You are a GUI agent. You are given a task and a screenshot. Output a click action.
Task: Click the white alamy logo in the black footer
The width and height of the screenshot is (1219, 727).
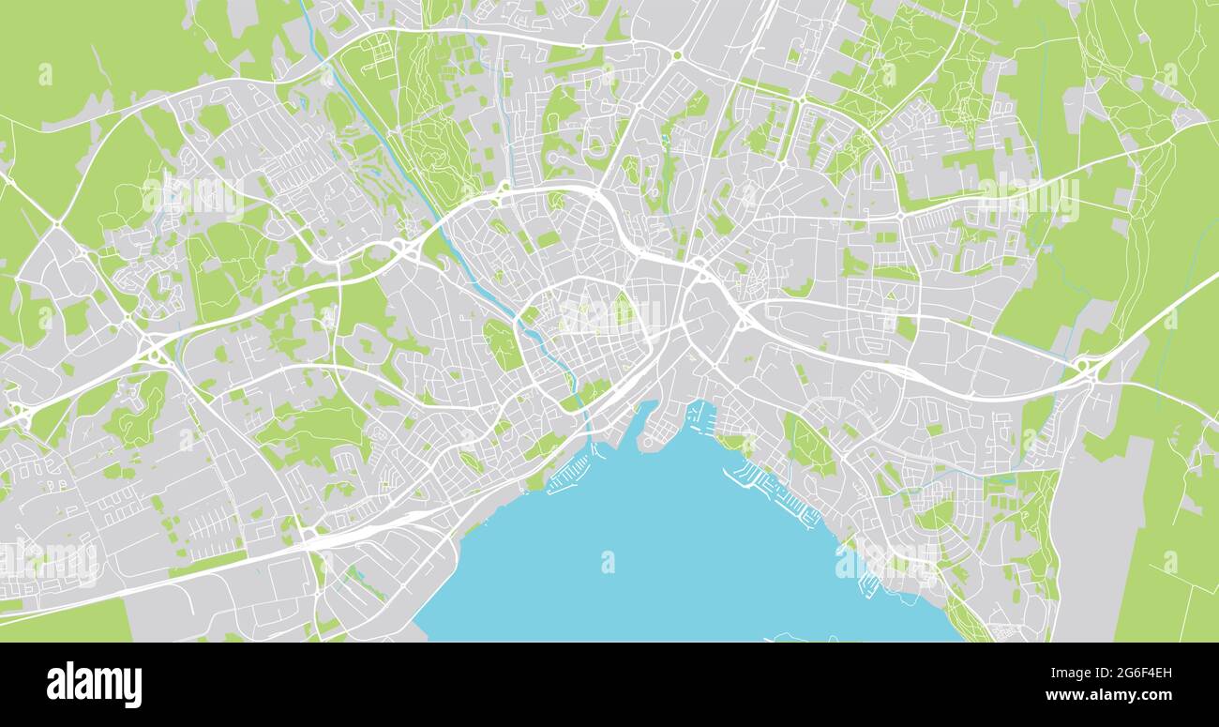(x=94, y=685)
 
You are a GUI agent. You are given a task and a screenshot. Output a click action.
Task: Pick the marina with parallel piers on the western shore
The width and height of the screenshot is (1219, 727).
(x=569, y=475)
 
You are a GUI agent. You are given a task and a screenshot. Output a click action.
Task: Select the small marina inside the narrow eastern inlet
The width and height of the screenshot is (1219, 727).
(x=701, y=414)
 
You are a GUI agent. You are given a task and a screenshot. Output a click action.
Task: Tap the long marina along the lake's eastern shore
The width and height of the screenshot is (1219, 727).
(x=774, y=492)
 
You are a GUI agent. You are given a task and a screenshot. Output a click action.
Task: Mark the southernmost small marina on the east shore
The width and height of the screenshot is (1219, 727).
(x=868, y=583)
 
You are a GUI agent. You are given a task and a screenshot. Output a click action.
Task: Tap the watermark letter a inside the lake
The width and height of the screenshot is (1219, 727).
(x=608, y=561)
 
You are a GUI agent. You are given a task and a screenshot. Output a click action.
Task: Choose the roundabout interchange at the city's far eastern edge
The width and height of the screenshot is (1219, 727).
(x=1088, y=368)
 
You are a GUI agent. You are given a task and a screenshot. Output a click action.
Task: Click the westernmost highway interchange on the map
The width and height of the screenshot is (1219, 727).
(x=21, y=416)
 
